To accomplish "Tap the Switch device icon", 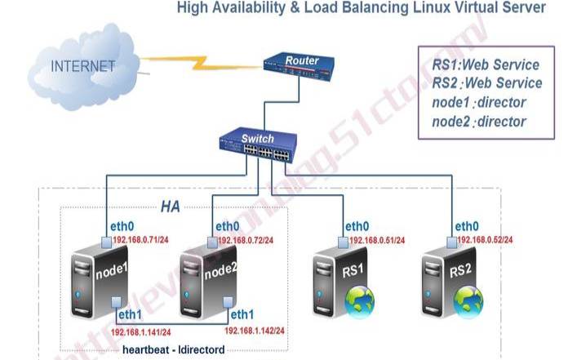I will click(x=257, y=144).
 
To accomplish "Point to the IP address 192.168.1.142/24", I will click(x=255, y=331).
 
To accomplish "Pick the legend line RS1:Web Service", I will click(x=486, y=64).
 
